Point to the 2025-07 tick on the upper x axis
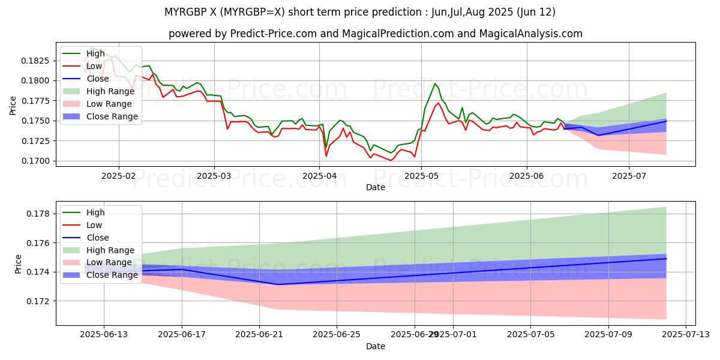pos(629,176)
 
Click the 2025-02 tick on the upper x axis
pos(118,176)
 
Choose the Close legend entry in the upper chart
pos(98,79)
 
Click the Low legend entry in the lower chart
pos(95,225)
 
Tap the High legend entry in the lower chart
pos(95,212)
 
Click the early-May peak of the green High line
pos(435,84)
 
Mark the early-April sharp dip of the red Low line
pos(326,156)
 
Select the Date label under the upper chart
pos(376,187)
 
